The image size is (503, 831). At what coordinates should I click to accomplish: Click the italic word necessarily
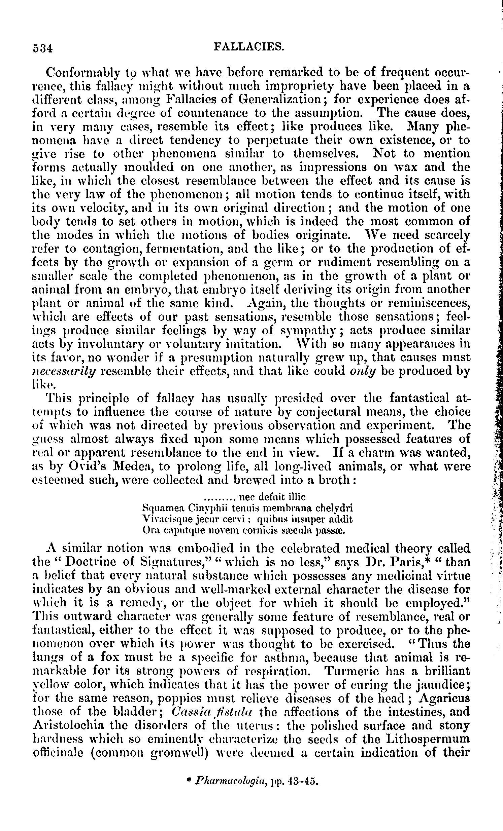pyautogui.click(x=64, y=372)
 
